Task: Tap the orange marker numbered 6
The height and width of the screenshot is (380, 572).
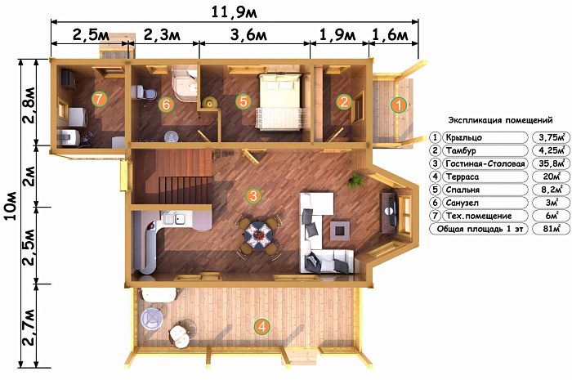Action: tap(166, 105)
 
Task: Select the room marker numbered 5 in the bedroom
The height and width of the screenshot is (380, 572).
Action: tap(244, 101)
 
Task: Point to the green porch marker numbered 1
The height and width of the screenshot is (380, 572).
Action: tap(399, 105)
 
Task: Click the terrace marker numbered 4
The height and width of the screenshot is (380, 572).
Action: tap(262, 326)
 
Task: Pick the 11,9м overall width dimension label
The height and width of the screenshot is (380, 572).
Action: tap(235, 12)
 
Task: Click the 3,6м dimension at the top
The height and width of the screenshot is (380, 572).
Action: tap(248, 35)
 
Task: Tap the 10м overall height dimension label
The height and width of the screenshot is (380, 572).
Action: tap(11, 205)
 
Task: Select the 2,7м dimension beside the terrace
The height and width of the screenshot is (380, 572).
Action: tap(29, 327)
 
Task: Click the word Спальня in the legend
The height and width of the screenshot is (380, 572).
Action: tap(463, 190)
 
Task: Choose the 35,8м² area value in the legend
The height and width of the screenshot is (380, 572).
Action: tap(552, 163)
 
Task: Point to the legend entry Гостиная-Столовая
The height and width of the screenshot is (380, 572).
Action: tap(485, 163)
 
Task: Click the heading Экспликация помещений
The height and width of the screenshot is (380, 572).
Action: tap(500, 120)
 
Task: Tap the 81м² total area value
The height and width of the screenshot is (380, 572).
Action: tap(552, 229)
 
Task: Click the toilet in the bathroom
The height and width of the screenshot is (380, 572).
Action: tap(143, 92)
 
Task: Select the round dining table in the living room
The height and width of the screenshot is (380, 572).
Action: tap(258, 235)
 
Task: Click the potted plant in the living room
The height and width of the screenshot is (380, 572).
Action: tap(355, 180)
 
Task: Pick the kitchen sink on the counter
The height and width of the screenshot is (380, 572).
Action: tap(174, 218)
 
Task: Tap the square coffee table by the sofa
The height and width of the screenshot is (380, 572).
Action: tap(340, 230)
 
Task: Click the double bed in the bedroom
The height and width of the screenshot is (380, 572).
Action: tap(279, 101)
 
